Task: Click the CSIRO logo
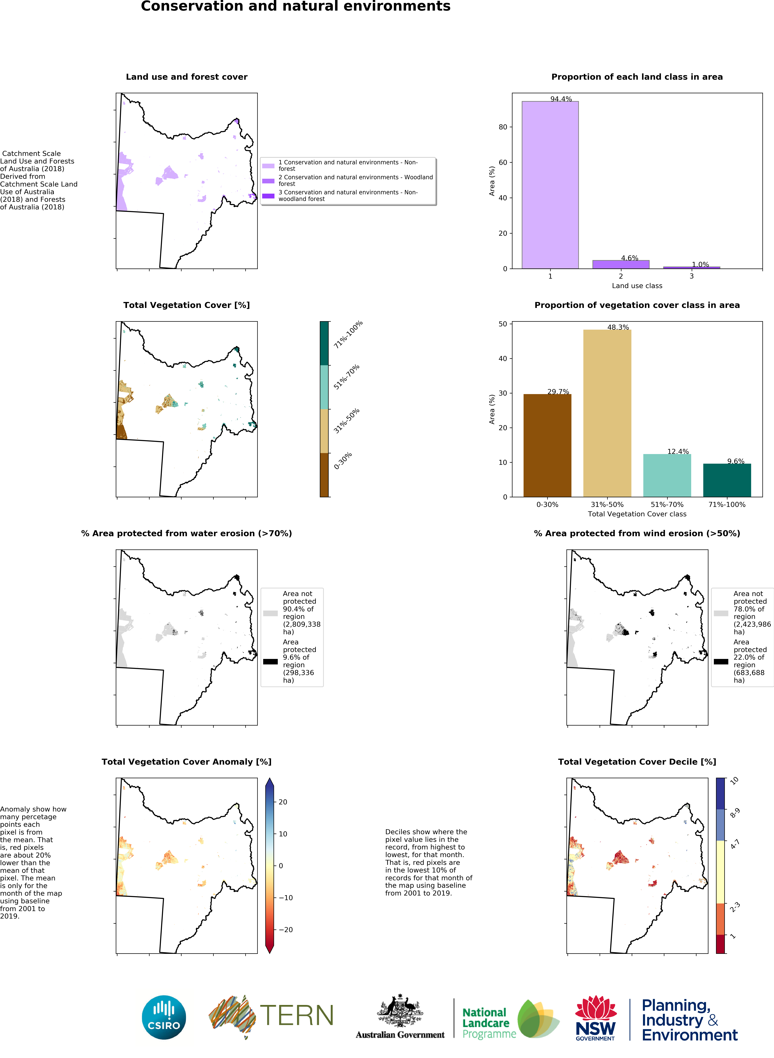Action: [x=164, y=1017]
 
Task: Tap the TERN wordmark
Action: [x=296, y=1015]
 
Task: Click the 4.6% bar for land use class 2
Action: [x=621, y=264]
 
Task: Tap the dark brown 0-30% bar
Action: [x=547, y=445]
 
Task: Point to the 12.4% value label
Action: [x=678, y=451]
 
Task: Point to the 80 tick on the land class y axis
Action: [x=503, y=127]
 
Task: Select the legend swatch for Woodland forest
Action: [x=268, y=181]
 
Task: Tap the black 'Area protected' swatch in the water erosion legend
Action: [x=270, y=662]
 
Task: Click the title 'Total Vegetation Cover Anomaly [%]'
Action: [x=187, y=762]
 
